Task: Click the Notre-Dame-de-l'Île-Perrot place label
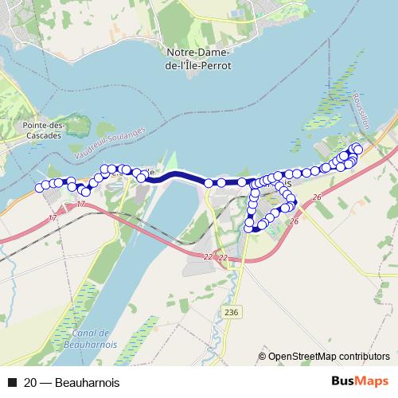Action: pos(199,59)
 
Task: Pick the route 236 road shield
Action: pos(231,311)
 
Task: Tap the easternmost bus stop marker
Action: pos(358,149)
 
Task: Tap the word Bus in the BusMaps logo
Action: pos(340,382)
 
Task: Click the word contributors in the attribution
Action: pos(363,356)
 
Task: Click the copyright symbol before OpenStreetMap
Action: pos(263,356)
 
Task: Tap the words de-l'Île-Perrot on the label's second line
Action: pos(199,65)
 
